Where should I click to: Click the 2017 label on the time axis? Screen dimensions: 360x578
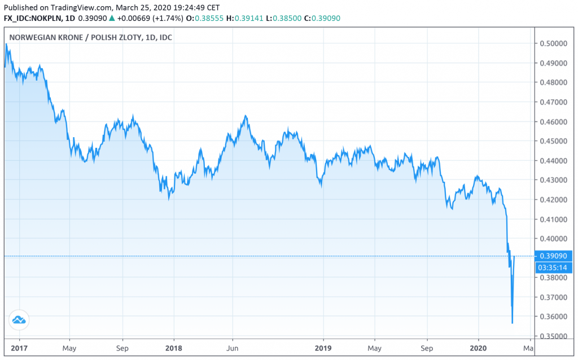point(19,348)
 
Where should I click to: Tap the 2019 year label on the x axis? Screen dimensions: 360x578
point(323,348)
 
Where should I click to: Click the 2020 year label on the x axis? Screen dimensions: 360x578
point(478,348)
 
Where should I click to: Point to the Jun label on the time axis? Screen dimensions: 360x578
point(233,348)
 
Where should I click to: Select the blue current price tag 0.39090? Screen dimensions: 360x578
point(551,256)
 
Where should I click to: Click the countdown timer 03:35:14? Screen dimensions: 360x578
point(551,267)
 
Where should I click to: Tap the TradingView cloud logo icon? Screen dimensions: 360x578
point(19,320)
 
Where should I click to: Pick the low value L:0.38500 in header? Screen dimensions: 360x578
point(287,19)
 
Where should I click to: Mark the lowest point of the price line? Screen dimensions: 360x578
point(512,323)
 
